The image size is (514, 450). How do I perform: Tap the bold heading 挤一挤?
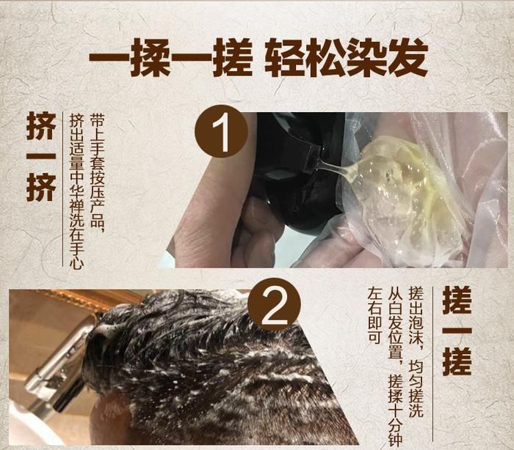(40, 157)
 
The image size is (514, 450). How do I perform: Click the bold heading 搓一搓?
(457, 331)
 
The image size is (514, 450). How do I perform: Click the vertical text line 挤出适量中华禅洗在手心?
(77, 191)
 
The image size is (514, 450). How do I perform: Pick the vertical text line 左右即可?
(374, 315)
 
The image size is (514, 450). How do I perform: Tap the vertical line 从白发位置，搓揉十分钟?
(396, 366)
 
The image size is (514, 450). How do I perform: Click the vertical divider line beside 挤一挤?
(62, 188)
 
